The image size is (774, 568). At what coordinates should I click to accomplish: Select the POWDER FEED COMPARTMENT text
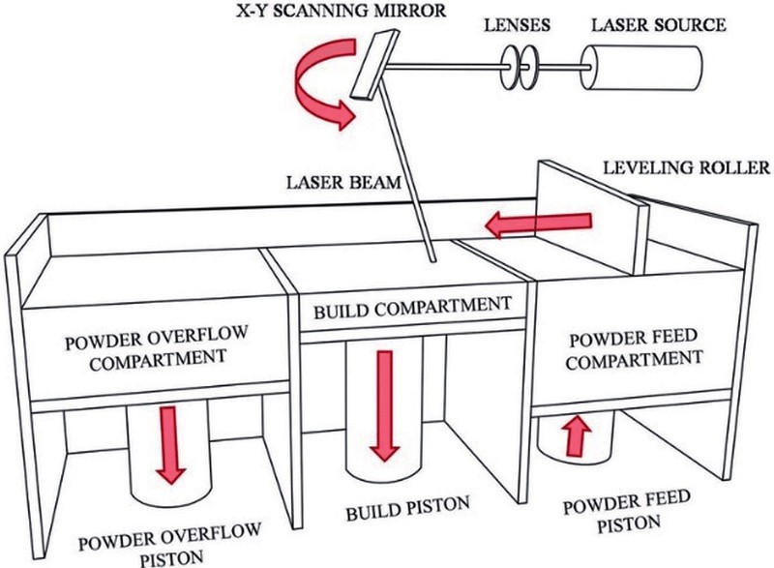coord(634,350)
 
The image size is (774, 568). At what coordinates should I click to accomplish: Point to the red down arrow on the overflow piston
coord(171,444)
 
